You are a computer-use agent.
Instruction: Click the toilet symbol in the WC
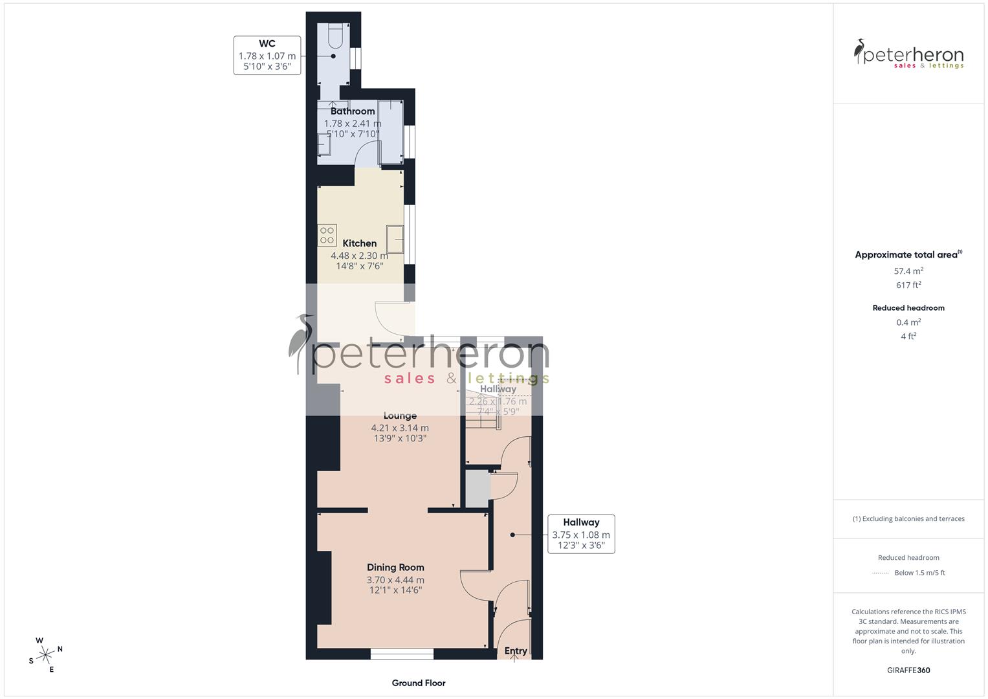[x=335, y=37]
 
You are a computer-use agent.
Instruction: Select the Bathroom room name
[x=353, y=111]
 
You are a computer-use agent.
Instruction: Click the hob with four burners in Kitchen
[x=327, y=235]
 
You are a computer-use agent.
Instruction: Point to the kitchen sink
[x=395, y=238]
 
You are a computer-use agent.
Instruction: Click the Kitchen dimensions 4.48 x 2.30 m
[x=359, y=256]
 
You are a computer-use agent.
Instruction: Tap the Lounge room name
[x=400, y=416]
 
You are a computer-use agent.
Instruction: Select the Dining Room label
[x=395, y=568]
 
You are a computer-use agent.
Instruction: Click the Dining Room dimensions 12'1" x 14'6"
[x=395, y=590]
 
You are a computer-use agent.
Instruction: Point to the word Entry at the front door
[x=516, y=650]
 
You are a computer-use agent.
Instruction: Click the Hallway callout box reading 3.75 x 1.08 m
[x=581, y=534]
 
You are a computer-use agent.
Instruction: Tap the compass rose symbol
[x=45, y=655]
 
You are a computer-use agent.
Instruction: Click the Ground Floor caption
[x=419, y=683]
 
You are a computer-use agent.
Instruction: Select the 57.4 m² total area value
[x=908, y=271]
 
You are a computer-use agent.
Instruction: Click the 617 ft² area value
[x=908, y=285]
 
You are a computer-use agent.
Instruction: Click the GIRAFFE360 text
[x=908, y=670]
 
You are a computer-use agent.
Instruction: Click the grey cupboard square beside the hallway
[x=478, y=489]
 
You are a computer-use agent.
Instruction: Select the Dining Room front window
[x=402, y=654]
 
